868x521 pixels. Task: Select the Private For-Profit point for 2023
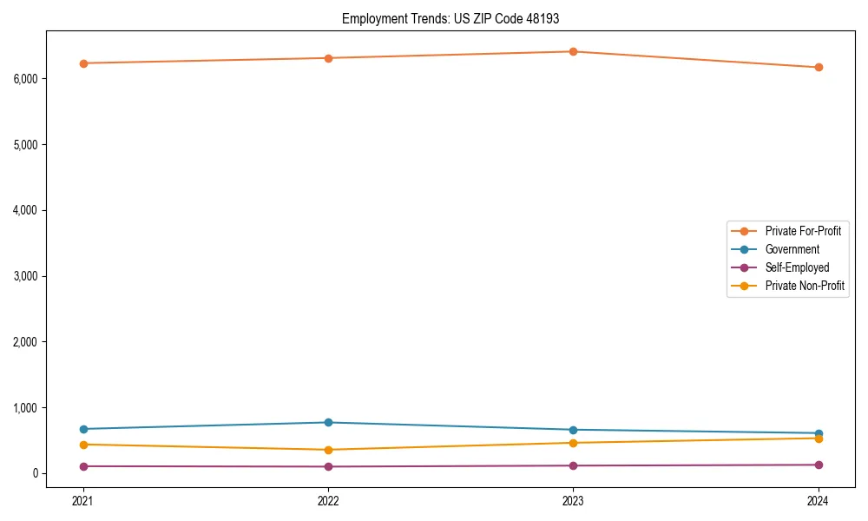(x=573, y=51)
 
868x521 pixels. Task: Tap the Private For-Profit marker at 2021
(x=83, y=63)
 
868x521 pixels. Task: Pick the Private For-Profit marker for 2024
(x=819, y=67)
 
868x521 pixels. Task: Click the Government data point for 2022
(x=328, y=422)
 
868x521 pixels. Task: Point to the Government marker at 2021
(x=83, y=429)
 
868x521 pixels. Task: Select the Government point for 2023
(x=573, y=430)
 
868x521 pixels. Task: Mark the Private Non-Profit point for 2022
(x=328, y=450)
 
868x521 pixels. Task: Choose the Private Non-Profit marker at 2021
(x=83, y=445)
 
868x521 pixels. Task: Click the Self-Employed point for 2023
(x=573, y=465)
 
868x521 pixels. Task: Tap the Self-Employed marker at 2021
(x=83, y=466)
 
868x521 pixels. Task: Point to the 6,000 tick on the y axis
(x=25, y=78)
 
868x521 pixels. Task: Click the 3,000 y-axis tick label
(x=25, y=276)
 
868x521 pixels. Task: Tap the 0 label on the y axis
(x=36, y=473)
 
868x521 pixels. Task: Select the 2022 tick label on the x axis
(x=328, y=500)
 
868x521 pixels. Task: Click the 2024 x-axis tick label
(x=819, y=500)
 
